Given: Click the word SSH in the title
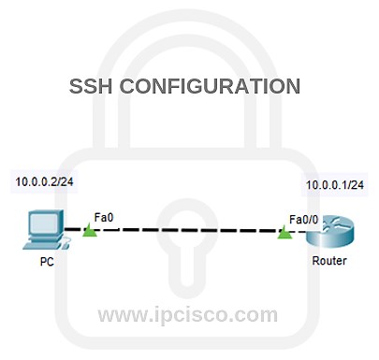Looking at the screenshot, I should (x=92, y=87).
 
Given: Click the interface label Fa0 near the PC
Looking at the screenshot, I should (x=102, y=217).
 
